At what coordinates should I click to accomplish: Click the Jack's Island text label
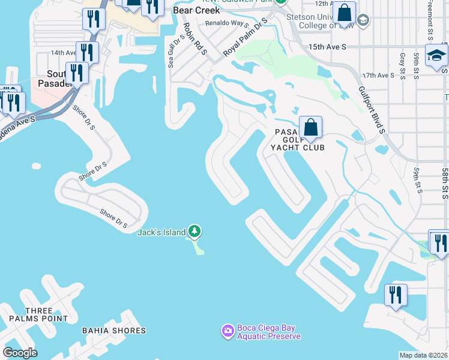[161, 233]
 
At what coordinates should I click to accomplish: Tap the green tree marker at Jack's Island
[194, 232]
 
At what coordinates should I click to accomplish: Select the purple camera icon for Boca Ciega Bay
[228, 331]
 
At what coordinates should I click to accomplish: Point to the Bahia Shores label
[114, 331]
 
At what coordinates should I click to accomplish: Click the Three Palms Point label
[47, 314]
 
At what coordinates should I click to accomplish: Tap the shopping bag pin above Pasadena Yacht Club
[310, 128]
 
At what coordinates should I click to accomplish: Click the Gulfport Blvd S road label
[370, 109]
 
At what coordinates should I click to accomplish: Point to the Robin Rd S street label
[194, 40]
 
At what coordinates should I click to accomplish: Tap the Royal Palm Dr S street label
[244, 38]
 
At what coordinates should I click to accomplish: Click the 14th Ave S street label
[64, 53]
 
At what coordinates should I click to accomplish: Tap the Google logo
[20, 353]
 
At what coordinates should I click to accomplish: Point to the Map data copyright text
[423, 355]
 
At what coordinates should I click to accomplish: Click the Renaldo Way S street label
[227, 24]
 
